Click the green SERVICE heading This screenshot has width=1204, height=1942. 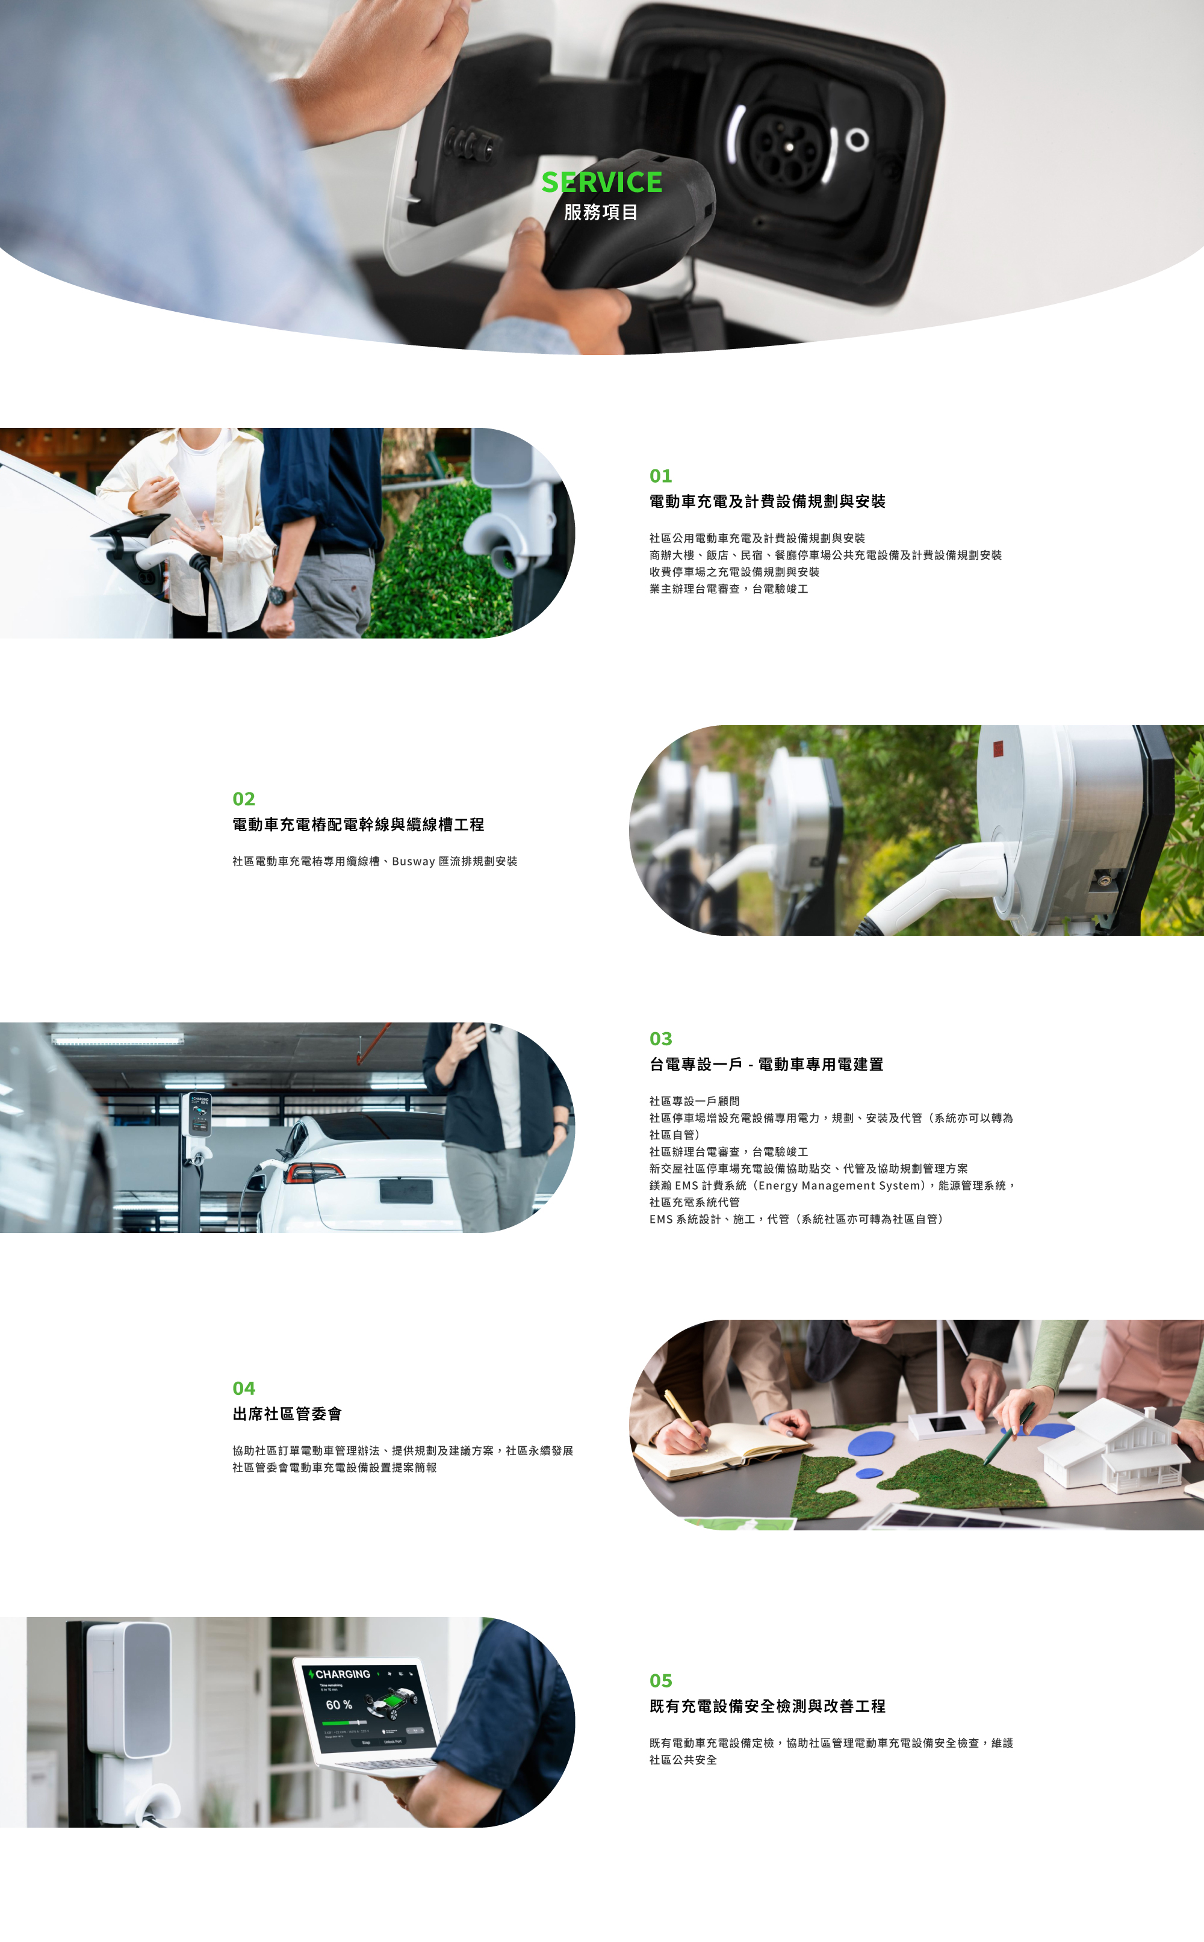[x=601, y=182]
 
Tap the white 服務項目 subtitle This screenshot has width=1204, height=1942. [x=601, y=212]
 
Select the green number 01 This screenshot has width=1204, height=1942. [x=660, y=476]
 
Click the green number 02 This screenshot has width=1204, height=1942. [x=244, y=799]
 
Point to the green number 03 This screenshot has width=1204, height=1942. [x=660, y=1039]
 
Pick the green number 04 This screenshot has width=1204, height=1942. [x=244, y=1389]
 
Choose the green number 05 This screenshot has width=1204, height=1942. [x=660, y=1681]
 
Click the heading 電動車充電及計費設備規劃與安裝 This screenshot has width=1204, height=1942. [x=767, y=501]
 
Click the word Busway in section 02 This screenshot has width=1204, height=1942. [x=414, y=861]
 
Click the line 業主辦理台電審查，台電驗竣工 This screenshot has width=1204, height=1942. [x=728, y=589]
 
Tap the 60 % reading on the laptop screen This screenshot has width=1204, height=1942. [x=338, y=1705]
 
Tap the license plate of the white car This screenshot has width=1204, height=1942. [x=406, y=1192]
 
